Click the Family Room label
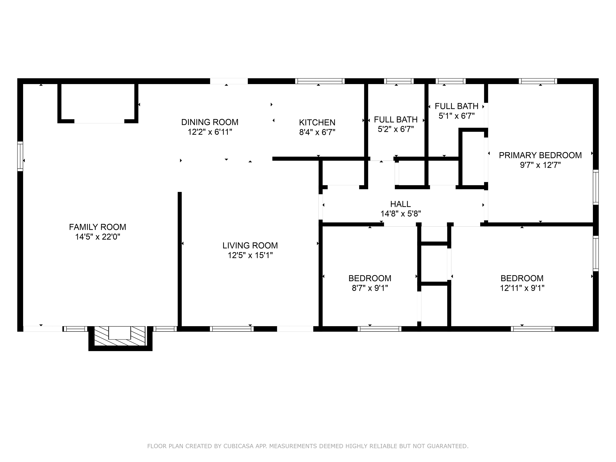(x=97, y=227)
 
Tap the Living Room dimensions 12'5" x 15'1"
(x=250, y=255)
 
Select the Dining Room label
(x=210, y=122)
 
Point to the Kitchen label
(x=317, y=122)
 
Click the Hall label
(x=401, y=204)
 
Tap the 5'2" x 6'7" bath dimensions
(x=396, y=129)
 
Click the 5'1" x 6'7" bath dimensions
(x=457, y=116)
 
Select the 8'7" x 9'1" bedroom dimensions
(x=370, y=288)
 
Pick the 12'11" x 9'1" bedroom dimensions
(x=522, y=288)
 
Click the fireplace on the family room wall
(x=120, y=338)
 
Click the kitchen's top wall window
(x=320, y=81)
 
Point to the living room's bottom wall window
(x=232, y=329)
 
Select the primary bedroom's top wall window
(x=538, y=81)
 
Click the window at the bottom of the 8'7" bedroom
(x=379, y=329)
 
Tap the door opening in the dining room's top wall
(x=229, y=81)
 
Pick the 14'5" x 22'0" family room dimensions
(x=97, y=237)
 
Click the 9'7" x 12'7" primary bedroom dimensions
(x=540, y=165)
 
